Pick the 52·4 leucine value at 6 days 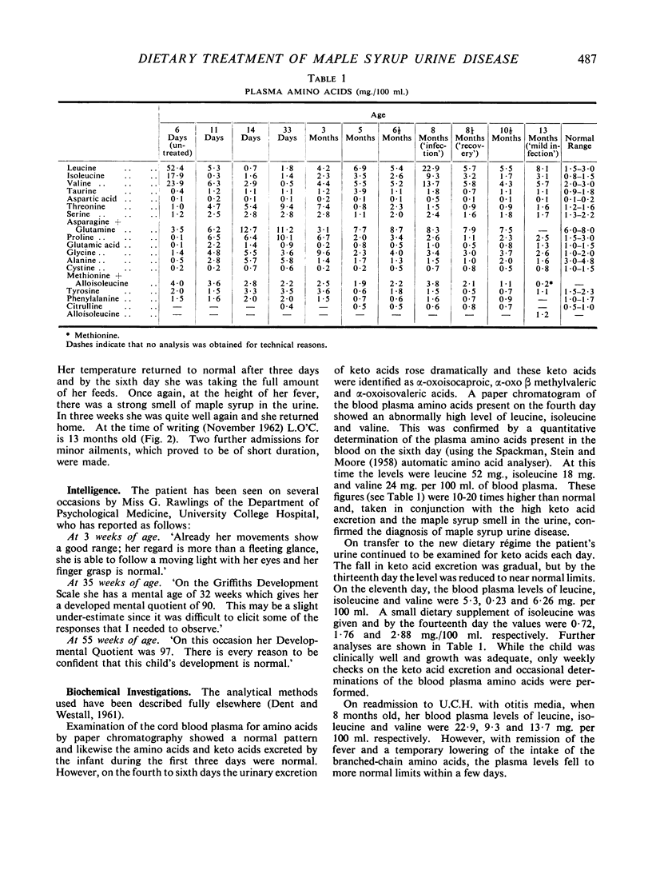click(x=175, y=166)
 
